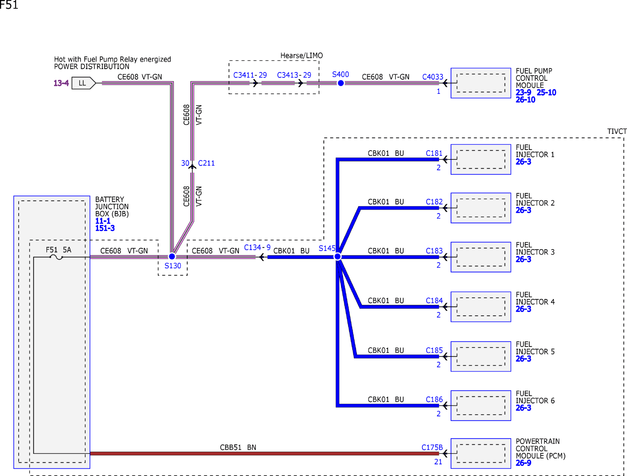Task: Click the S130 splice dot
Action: [x=172, y=257]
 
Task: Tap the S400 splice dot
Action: [x=341, y=83]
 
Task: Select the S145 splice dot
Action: [x=338, y=257]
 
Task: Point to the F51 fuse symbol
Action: [x=56, y=257]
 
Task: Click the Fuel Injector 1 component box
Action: [x=481, y=159]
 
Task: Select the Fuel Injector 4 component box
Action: [x=481, y=307]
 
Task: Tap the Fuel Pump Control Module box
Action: [x=481, y=83]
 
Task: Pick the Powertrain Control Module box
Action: [x=481, y=453]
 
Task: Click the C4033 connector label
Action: [x=432, y=77]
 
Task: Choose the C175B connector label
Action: [x=432, y=447]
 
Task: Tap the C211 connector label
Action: [x=206, y=163]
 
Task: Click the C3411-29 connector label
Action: [x=250, y=75]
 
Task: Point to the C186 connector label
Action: [x=434, y=399]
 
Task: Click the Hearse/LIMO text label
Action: [x=301, y=56]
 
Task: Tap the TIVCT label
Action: [x=617, y=131]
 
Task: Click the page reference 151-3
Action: [x=105, y=228]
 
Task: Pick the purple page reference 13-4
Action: [x=61, y=83]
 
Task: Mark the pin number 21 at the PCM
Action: [x=438, y=462]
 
